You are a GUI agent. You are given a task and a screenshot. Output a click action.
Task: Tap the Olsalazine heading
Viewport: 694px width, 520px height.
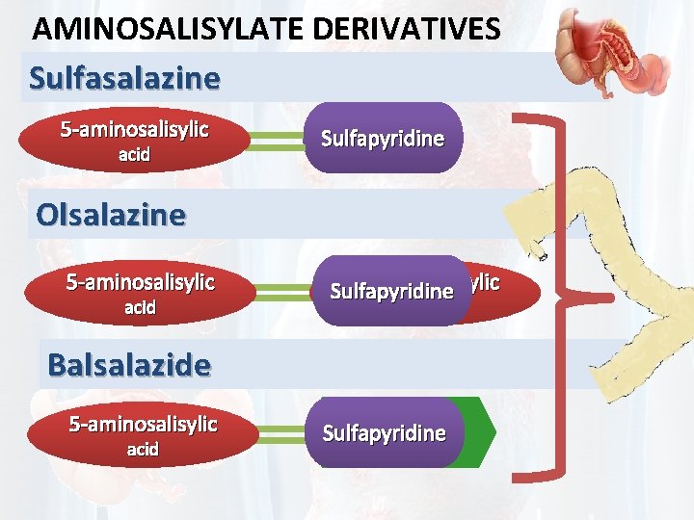pyautogui.click(x=110, y=214)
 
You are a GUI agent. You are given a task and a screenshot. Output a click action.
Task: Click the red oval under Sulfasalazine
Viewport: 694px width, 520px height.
pyautogui.click(x=134, y=140)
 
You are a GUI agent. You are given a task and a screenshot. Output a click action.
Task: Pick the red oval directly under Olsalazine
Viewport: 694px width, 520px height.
pyautogui.click(x=140, y=294)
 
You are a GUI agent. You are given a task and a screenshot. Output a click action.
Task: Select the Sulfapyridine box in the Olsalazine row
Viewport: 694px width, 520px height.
pyautogui.click(x=391, y=291)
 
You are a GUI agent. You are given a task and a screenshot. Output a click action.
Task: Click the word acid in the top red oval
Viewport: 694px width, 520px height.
pyautogui.click(x=134, y=154)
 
